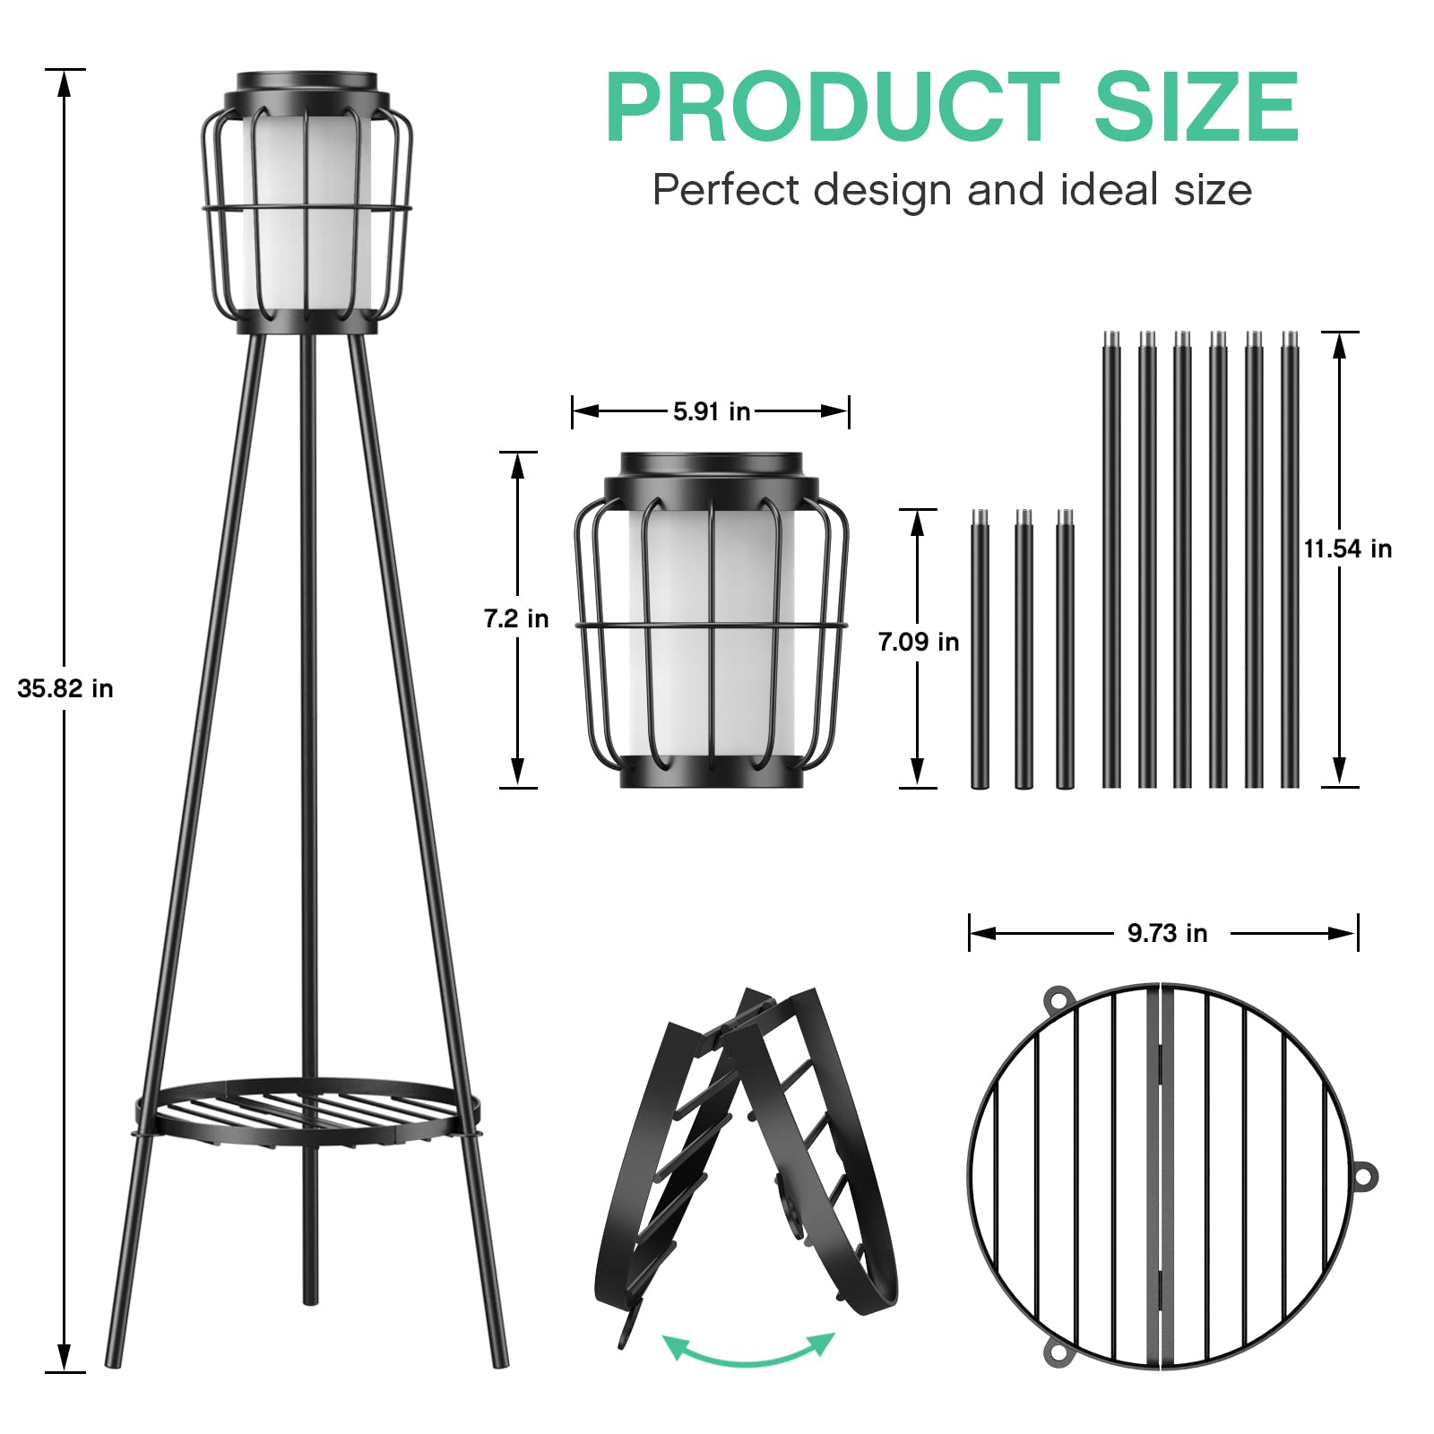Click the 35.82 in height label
click(x=65, y=688)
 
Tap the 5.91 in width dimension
click(x=712, y=411)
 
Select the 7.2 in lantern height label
click(x=516, y=618)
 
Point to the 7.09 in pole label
click(x=919, y=641)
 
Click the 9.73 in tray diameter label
click(x=1167, y=933)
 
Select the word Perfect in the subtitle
click(x=726, y=190)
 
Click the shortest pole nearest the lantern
click(x=980, y=650)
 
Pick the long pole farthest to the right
click(x=1290, y=560)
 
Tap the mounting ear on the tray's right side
click(x=1363, y=1175)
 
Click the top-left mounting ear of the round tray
click(x=1058, y=998)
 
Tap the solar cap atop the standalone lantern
click(x=712, y=466)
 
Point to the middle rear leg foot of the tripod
click(x=310, y=1295)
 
